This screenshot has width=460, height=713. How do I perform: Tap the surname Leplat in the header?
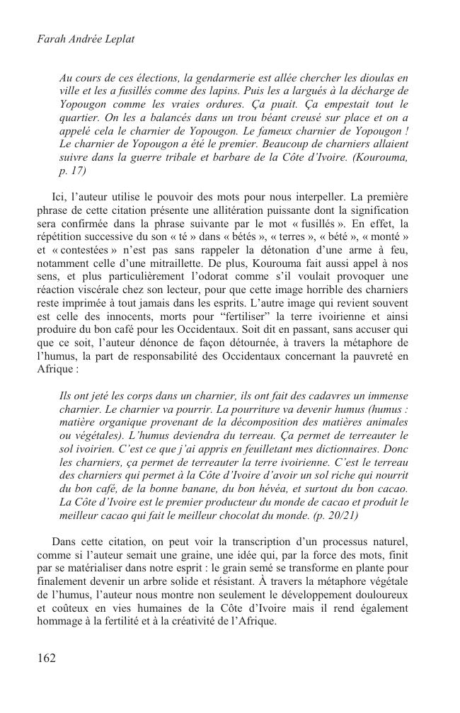tap(115, 39)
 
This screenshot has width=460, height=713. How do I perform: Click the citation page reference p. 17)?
tap(73, 171)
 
